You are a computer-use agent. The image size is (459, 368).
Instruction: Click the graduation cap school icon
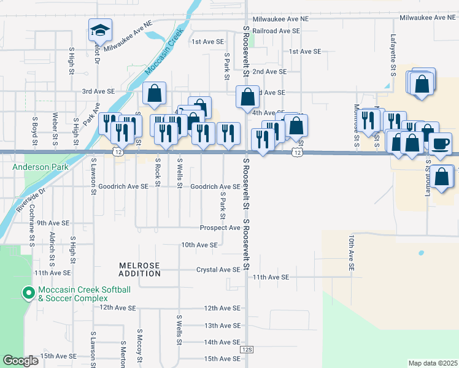pos(98,29)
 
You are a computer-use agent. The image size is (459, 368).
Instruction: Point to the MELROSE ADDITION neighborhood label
pos(139,269)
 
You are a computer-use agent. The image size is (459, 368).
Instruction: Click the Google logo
pos(20,360)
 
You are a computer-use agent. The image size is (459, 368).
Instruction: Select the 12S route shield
pos(247,349)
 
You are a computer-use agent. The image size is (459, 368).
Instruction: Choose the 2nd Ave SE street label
pos(270,71)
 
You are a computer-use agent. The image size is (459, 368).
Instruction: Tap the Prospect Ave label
pos(220,228)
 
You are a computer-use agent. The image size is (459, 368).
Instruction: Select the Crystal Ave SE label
pos(218,269)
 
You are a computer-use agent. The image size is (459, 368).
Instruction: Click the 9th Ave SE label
pos(53,223)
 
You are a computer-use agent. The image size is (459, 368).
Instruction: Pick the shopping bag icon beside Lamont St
pos(442,177)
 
